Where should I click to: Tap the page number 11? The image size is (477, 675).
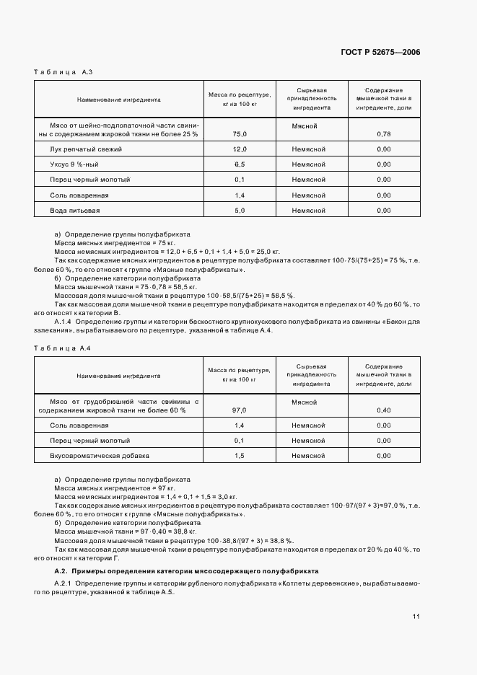(x=416, y=617)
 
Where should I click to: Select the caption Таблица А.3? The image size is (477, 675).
(x=64, y=72)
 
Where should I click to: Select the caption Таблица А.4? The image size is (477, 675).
(x=64, y=348)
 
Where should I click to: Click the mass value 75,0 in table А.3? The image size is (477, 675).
(x=240, y=134)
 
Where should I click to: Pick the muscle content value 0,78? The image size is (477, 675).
(x=384, y=134)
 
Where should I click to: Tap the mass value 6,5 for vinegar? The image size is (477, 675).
(x=240, y=164)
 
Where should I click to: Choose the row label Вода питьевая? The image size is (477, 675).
(x=75, y=210)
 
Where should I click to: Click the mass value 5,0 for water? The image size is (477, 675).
(x=240, y=210)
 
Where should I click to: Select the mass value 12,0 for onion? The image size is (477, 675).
(x=240, y=149)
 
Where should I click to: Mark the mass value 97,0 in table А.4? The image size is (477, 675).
(x=240, y=410)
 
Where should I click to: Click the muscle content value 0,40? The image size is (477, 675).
(x=384, y=410)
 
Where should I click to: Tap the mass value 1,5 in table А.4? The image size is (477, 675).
(x=240, y=456)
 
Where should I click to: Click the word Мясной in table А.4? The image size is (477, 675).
(x=305, y=402)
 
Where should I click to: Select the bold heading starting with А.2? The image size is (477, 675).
(x=187, y=570)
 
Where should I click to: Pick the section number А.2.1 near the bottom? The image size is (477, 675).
(x=64, y=582)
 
